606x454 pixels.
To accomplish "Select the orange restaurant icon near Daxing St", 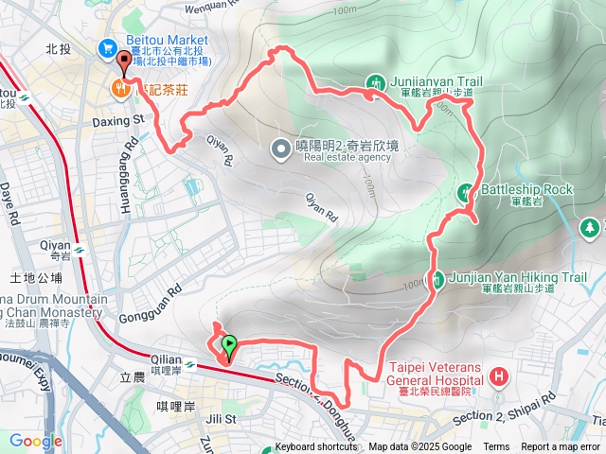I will (x=119, y=89).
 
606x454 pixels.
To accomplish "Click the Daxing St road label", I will (x=117, y=120).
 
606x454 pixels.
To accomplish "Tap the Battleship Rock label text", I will (x=526, y=189).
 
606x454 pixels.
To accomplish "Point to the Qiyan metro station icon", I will (x=80, y=250).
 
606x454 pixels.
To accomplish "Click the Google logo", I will (x=35, y=441).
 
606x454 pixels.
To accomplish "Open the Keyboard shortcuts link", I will (x=316, y=447).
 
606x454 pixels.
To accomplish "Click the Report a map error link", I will (x=561, y=447).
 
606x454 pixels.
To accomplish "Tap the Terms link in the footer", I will (x=496, y=447).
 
